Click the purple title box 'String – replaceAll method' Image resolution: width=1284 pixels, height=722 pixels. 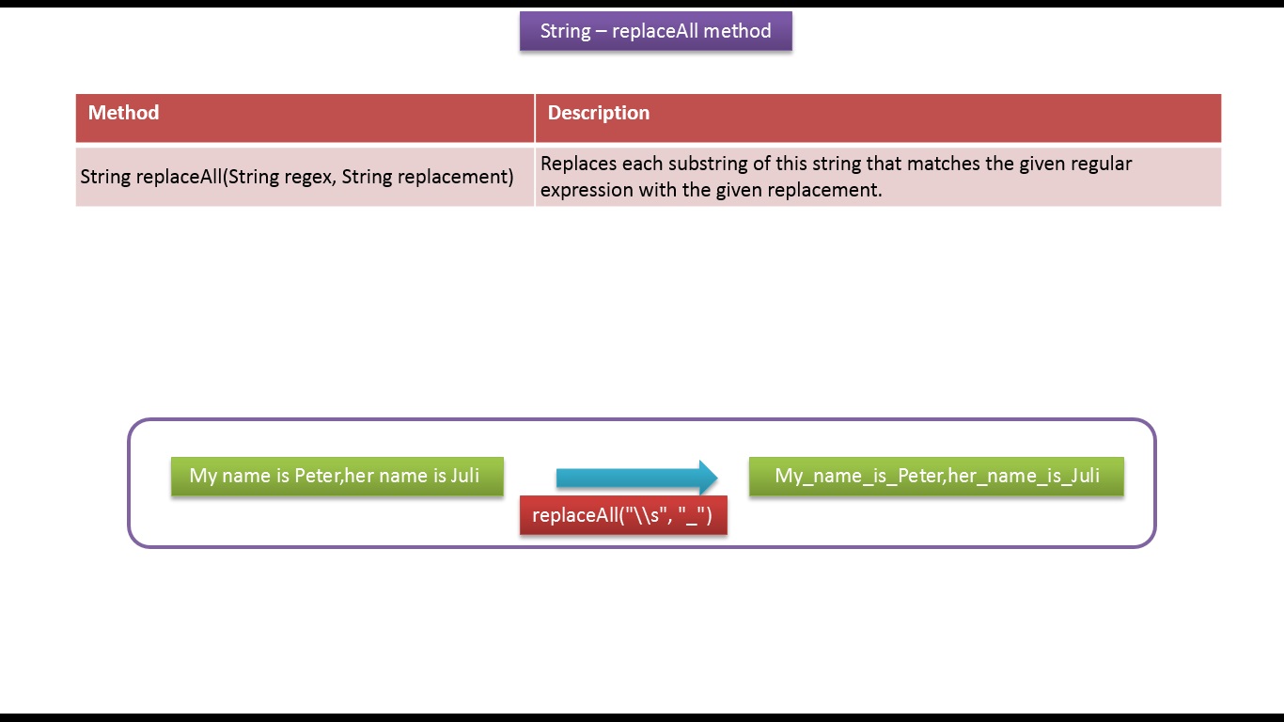[x=656, y=31]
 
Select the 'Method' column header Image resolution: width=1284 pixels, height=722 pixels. [x=123, y=113]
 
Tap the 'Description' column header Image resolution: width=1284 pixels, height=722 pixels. [x=599, y=113]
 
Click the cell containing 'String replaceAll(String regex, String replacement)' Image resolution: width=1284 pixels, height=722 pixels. [x=305, y=177]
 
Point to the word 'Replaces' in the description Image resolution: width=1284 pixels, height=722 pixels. [x=578, y=164]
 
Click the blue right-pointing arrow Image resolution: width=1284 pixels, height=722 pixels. [x=637, y=478]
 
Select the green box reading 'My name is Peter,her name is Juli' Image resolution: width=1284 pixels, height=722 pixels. [x=337, y=476]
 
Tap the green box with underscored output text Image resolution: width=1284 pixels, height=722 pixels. [x=936, y=476]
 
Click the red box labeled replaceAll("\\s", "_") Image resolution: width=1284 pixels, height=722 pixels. [x=623, y=515]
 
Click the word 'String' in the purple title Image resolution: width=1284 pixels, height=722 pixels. [x=565, y=32]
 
